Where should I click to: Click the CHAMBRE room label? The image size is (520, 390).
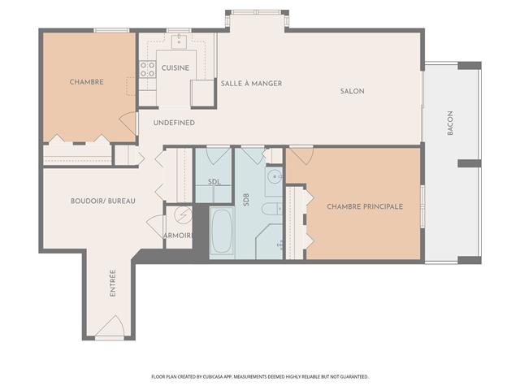[x=86, y=81]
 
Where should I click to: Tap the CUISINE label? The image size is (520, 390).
[x=175, y=67]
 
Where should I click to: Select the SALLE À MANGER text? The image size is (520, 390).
[x=252, y=84]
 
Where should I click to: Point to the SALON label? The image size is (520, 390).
[x=352, y=91]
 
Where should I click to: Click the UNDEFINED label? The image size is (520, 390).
[x=174, y=123]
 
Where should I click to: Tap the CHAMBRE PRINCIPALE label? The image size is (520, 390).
[x=365, y=206]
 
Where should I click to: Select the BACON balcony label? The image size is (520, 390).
[x=450, y=123]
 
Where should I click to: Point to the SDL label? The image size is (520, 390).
[x=214, y=182]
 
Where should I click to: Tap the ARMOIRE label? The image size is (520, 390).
[x=178, y=236]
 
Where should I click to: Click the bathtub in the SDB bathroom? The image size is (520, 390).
[x=221, y=232]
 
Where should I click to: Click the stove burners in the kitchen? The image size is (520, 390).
[x=147, y=71]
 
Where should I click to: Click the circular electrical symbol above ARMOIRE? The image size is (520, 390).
[x=183, y=215]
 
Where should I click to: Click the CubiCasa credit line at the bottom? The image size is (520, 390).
[x=260, y=377]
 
